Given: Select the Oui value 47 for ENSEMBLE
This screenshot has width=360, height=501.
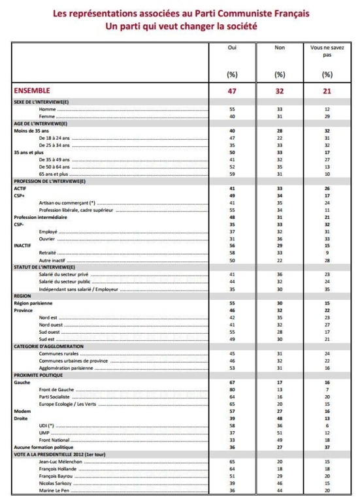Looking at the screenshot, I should (x=231, y=90).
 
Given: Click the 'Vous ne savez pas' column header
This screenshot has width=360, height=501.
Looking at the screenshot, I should (x=327, y=52).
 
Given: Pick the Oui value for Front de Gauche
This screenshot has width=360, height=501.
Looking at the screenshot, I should (x=231, y=389).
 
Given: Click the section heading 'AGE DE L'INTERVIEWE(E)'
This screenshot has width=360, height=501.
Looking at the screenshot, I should (x=41, y=123).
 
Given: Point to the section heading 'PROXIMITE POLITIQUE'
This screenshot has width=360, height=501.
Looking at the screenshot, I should (x=37, y=376).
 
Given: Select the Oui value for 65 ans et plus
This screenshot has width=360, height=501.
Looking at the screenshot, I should (x=231, y=174).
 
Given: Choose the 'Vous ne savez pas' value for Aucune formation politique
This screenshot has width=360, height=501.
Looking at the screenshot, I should (x=327, y=447).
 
